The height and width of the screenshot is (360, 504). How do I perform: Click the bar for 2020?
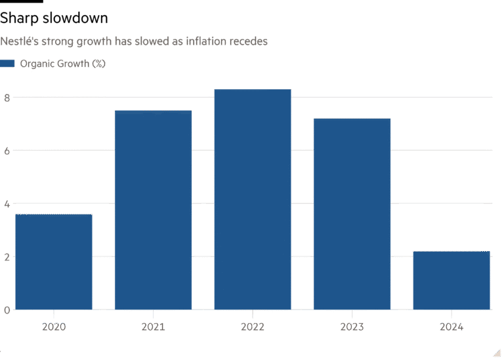[x=54, y=262]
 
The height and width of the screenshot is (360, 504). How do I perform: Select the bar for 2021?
[x=153, y=210]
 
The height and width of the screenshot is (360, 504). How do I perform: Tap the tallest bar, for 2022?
[x=253, y=199]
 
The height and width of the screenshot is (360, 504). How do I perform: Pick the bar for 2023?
[x=352, y=214]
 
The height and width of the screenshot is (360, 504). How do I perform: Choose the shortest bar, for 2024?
[x=451, y=280]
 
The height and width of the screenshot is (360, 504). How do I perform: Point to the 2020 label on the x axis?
[x=54, y=326]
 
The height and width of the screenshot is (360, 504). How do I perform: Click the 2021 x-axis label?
[x=153, y=326]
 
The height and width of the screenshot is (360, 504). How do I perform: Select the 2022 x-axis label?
[x=253, y=326]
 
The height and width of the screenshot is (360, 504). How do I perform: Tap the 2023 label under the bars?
[x=352, y=326]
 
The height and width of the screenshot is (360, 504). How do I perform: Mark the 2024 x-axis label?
[x=451, y=326]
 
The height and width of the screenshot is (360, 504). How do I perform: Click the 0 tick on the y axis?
[x=7, y=310]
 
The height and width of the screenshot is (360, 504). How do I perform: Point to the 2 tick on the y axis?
[x=7, y=256]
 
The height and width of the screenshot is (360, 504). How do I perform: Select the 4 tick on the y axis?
[x=7, y=203]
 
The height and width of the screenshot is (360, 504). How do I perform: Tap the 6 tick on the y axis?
[x=7, y=150]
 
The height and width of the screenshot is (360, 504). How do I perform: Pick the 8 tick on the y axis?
[x=7, y=97]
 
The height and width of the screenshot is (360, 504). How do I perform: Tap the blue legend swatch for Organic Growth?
[x=7, y=64]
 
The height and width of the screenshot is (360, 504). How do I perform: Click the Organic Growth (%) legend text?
[x=63, y=64]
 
